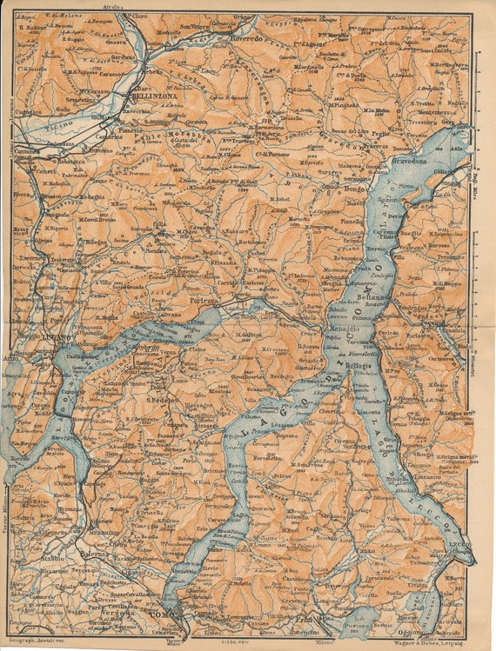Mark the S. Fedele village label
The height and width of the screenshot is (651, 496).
pos(162,401)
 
